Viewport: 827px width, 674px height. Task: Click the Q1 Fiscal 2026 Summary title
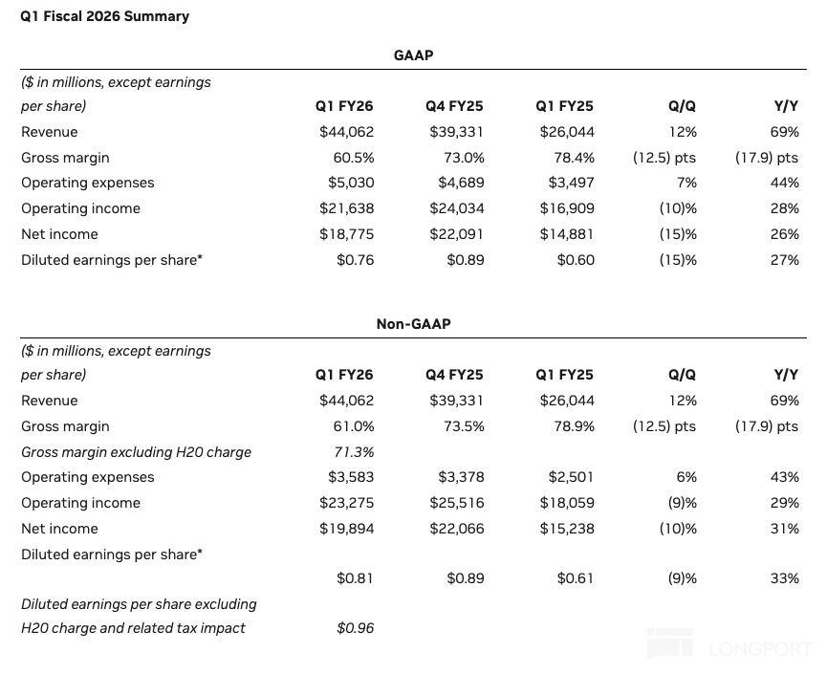pyautogui.click(x=104, y=16)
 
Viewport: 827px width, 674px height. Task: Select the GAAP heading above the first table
pyautogui.click(x=413, y=55)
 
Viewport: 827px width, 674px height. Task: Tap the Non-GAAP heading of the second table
pyautogui.click(x=413, y=324)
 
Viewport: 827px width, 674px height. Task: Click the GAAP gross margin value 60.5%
pyautogui.click(x=354, y=158)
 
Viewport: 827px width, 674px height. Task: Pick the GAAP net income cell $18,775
pyautogui.click(x=346, y=234)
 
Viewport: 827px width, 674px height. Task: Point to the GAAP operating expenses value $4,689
pyautogui.click(x=461, y=183)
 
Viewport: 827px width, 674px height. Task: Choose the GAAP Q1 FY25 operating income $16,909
pyautogui.click(x=567, y=208)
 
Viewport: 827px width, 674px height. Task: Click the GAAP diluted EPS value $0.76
pyautogui.click(x=356, y=260)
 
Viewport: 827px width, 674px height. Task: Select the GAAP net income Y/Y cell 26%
pyautogui.click(x=784, y=234)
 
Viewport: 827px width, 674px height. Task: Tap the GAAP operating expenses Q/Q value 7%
pyautogui.click(x=686, y=183)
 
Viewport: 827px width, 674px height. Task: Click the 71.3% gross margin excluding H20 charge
pyautogui.click(x=354, y=452)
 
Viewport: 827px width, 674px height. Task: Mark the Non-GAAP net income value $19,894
pyautogui.click(x=346, y=529)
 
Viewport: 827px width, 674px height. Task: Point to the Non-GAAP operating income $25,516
pyautogui.click(x=457, y=503)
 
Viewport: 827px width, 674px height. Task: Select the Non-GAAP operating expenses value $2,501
pyautogui.click(x=571, y=477)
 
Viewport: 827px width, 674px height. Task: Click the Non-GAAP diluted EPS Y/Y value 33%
pyautogui.click(x=784, y=578)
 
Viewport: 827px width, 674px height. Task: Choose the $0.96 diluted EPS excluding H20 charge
pyautogui.click(x=356, y=628)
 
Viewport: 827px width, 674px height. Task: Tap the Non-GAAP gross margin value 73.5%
pyautogui.click(x=464, y=426)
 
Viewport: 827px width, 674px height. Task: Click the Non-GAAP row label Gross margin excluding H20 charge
pyautogui.click(x=136, y=452)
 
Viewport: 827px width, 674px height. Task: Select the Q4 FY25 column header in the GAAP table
pyautogui.click(x=454, y=106)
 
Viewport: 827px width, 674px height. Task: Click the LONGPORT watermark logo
pyautogui.click(x=729, y=644)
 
